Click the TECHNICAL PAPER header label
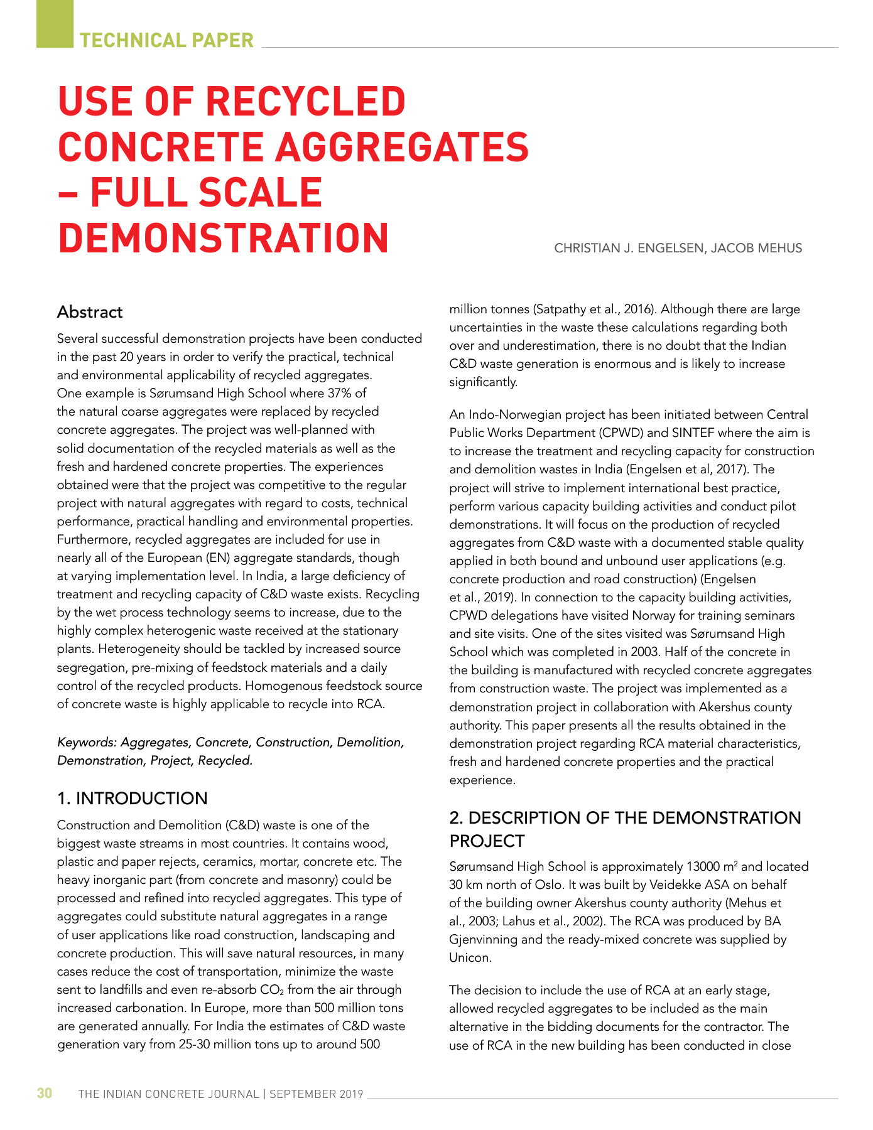click(x=166, y=40)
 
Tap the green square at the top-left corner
click(x=55, y=24)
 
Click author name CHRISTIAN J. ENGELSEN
click(x=629, y=249)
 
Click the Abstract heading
click(x=90, y=313)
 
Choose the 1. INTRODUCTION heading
click(x=132, y=799)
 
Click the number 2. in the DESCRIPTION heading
click(x=457, y=818)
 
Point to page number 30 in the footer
click(x=45, y=1094)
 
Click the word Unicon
click(x=469, y=958)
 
